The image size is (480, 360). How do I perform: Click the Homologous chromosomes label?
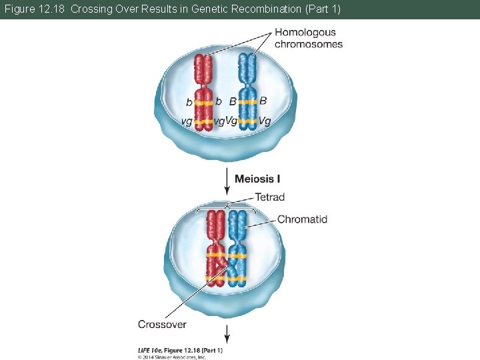(x=308, y=38)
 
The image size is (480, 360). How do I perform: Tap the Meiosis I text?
(x=257, y=179)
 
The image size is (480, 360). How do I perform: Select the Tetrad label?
(x=269, y=197)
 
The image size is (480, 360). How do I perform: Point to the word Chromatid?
(x=302, y=219)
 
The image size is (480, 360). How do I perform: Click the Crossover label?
(x=162, y=324)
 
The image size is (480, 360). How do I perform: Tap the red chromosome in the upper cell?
(x=203, y=93)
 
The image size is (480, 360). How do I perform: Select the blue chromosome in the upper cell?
(x=247, y=93)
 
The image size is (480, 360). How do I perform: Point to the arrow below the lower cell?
(x=227, y=333)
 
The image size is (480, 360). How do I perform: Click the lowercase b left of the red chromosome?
(x=189, y=103)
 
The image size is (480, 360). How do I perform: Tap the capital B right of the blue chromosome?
(x=263, y=101)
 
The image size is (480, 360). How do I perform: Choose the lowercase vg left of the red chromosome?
(x=187, y=121)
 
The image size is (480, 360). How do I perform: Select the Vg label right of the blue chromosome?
(x=264, y=121)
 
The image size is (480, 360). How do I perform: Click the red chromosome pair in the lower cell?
(x=215, y=247)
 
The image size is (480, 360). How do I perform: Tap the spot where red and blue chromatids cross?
(x=225, y=267)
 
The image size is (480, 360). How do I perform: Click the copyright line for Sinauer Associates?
(x=172, y=357)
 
